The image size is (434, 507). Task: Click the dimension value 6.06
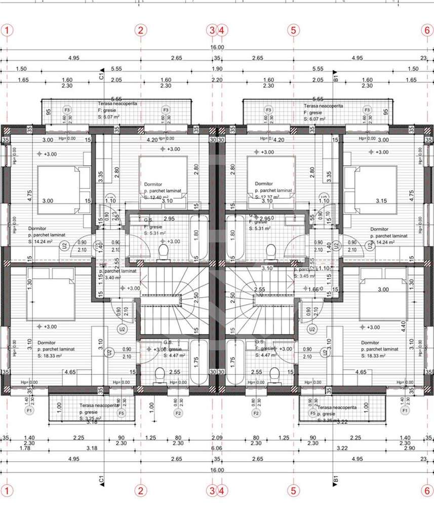tap(217, 448)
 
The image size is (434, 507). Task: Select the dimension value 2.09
tap(217, 438)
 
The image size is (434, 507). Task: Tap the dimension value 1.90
tap(217, 68)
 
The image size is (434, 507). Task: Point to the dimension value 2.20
tap(217, 80)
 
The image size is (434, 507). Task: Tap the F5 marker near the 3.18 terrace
tap(121, 413)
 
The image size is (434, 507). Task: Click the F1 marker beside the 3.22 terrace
tap(404, 410)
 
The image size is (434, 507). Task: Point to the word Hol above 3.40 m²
tap(104, 265)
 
